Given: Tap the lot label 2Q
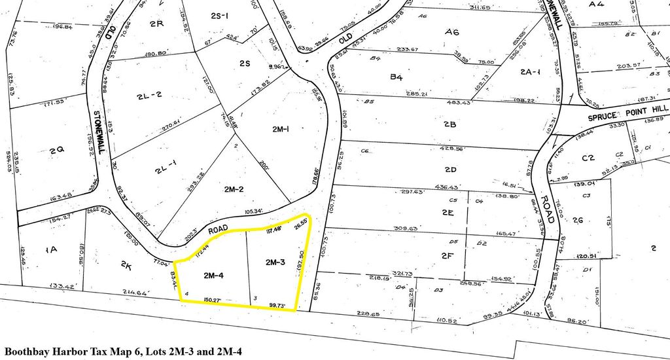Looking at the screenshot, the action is [56, 149].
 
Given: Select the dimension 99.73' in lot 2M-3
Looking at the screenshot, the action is [277, 304].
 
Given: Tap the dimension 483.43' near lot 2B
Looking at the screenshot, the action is [459, 102].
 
